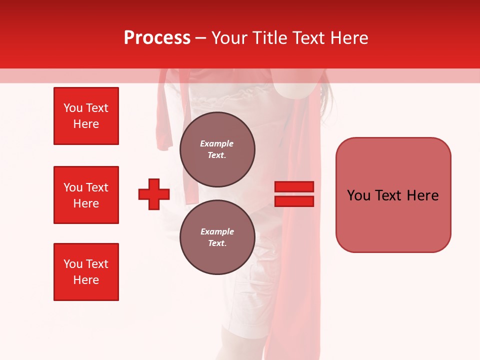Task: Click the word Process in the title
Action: coord(157,38)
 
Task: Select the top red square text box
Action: coord(86,116)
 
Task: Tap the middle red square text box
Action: coord(86,195)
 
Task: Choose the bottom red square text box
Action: coord(86,272)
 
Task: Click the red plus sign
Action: coord(154,194)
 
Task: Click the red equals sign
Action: coord(294,194)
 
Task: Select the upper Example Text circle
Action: coord(217,149)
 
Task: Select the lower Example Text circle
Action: coord(217,237)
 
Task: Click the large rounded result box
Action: coord(393,195)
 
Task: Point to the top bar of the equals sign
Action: coord(294,186)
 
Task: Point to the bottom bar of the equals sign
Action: coord(294,201)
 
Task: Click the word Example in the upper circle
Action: coord(217,143)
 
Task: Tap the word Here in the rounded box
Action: coord(422,195)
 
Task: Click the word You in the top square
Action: coord(73,108)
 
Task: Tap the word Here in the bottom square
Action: coord(86,280)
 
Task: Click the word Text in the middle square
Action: coord(97,187)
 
